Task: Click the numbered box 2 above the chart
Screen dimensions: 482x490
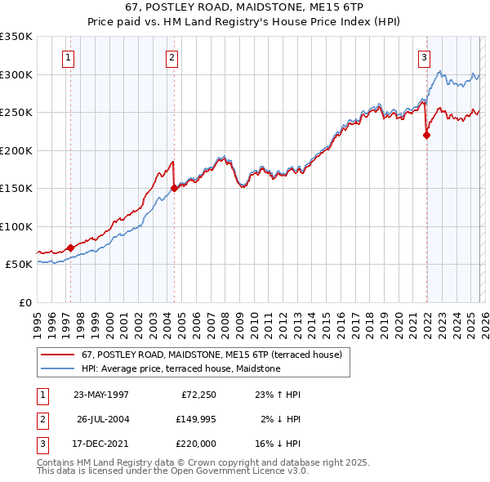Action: pos(171,57)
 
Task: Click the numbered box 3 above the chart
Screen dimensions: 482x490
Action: pos(425,57)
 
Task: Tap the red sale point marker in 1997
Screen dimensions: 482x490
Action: pos(70,248)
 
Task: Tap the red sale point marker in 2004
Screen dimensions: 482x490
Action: pos(174,188)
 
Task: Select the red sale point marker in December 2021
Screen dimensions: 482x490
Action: pos(426,136)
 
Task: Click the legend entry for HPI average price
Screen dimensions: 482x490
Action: pos(180,368)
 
